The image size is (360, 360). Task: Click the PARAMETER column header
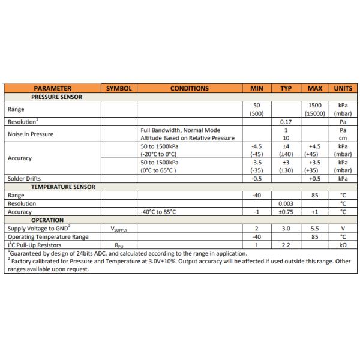[x=52, y=88]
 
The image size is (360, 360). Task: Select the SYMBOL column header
[x=118, y=88]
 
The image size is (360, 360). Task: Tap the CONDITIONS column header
[x=189, y=88]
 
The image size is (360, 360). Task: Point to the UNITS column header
[x=343, y=88]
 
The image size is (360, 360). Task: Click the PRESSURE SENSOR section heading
[x=56, y=96]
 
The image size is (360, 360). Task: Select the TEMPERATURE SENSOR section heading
[x=62, y=187]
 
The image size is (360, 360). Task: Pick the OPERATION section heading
[x=47, y=220]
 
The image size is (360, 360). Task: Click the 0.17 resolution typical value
[x=286, y=122]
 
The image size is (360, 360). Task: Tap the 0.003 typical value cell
[x=286, y=203]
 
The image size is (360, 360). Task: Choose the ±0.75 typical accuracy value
[x=286, y=212]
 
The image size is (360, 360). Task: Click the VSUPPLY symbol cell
[x=119, y=229]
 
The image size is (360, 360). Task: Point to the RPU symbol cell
[x=119, y=245]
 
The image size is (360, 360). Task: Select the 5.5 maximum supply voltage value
[x=315, y=229]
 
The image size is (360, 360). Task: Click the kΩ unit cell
[x=343, y=245]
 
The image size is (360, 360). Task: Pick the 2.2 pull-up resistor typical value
[x=286, y=245]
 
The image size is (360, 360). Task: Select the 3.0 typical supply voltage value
[x=286, y=229]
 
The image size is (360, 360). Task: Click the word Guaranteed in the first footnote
[x=25, y=253]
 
